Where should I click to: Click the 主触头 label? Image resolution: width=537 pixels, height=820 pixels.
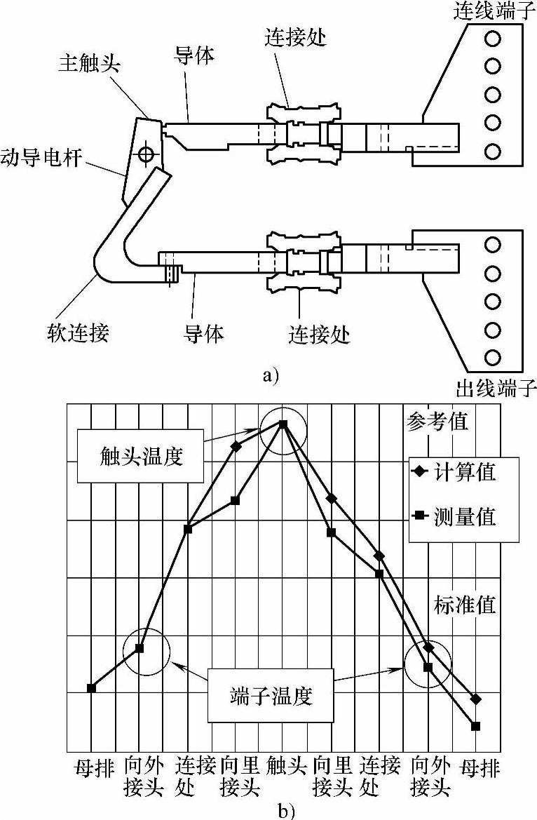90,65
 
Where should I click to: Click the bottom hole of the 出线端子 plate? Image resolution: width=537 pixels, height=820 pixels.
493,356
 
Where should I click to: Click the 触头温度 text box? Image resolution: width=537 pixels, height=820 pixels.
141,457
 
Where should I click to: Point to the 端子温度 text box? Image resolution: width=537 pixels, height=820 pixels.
270,697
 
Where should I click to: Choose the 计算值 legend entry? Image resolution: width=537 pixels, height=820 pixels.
464,472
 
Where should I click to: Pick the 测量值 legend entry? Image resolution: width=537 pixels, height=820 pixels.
464,517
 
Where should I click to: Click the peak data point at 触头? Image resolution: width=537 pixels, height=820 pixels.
283,424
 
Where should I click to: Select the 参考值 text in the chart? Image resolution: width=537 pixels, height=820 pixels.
437,423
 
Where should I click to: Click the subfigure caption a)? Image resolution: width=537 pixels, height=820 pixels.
270,375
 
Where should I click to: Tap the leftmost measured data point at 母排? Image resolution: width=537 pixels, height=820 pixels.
91,687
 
